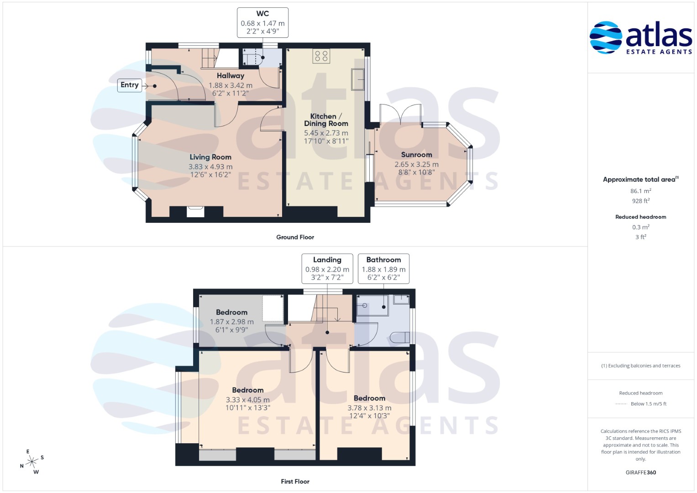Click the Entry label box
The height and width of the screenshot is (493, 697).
[x=130, y=85]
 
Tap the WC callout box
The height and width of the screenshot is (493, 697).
[x=262, y=23]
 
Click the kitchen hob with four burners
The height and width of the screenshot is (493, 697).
[x=321, y=56]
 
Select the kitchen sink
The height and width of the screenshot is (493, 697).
[x=358, y=79]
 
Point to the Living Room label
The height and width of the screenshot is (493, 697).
[x=211, y=157]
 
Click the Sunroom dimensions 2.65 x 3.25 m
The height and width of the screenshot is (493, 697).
[x=417, y=164]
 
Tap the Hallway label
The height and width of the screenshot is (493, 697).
[x=231, y=76]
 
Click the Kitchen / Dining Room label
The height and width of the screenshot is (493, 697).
[x=326, y=120]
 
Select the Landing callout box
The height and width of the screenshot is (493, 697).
[x=327, y=268]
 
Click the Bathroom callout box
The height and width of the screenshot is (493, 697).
[x=384, y=268]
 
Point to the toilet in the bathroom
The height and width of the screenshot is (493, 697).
[x=400, y=337]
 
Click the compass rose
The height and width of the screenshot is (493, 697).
[x=32, y=462]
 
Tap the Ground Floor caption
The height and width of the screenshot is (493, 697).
[x=295, y=237]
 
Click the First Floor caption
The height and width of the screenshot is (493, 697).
[x=295, y=482]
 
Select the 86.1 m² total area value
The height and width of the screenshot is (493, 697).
[x=641, y=191]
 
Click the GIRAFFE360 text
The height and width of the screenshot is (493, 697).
[x=641, y=472]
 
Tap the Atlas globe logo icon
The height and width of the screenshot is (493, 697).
[x=606, y=37]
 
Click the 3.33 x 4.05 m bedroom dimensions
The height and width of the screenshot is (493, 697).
[x=248, y=399]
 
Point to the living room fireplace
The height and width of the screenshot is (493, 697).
[x=195, y=212]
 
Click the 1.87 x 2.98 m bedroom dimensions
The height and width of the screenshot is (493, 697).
[x=232, y=322]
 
